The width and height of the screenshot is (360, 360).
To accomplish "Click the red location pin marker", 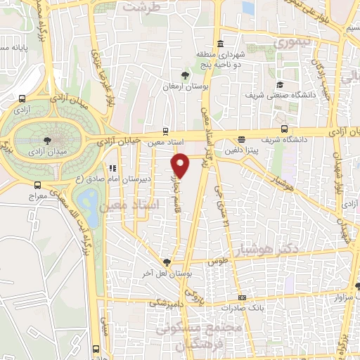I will (181, 166).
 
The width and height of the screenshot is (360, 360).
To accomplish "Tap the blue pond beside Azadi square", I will (89, 200).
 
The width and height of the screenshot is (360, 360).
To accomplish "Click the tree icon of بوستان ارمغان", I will (185, 76).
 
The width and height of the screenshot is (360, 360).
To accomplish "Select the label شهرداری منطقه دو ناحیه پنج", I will (219, 58).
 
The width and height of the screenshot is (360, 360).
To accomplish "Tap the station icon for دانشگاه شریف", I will (284, 129).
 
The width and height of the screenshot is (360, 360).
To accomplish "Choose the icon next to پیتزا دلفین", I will (242, 139).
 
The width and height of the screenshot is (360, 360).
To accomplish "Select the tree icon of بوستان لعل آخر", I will (166, 262).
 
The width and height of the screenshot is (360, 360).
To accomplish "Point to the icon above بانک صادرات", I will (241, 297).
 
